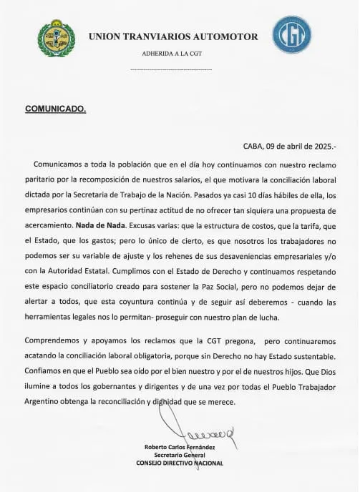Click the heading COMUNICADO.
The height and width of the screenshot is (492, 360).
pyautogui.click(x=56, y=109)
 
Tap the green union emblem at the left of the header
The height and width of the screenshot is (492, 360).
pyautogui.click(x=56, y=38)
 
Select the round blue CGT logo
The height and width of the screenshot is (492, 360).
pyautogui.click(x=291, y=34)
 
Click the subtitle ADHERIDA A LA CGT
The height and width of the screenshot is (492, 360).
pyautogui.click(x=172, y=53)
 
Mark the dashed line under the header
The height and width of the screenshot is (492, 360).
pyautogui.click(x=172, y=69)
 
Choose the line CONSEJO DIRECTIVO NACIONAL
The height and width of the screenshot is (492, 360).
pyautogui.click(x=179, y=463)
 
